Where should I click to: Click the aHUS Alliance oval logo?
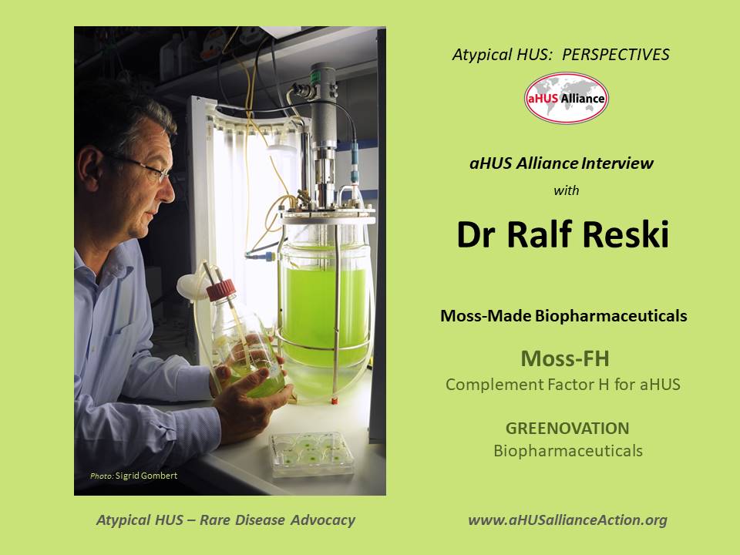click(566, 98)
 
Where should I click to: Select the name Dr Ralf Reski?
click(563, 235)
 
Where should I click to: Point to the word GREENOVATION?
click(567, 429)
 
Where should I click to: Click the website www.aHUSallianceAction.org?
click(567, 520)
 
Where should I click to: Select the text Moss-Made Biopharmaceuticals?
click(563, 316)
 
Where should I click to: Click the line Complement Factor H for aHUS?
click(563, 384)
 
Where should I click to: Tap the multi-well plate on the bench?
click(306, 452)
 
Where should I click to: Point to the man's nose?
click(169, 185)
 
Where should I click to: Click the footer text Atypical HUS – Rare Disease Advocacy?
click(226, 520)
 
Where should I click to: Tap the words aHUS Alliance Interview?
click(562, 163)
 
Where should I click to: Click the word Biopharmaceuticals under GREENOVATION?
click(567, 451)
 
